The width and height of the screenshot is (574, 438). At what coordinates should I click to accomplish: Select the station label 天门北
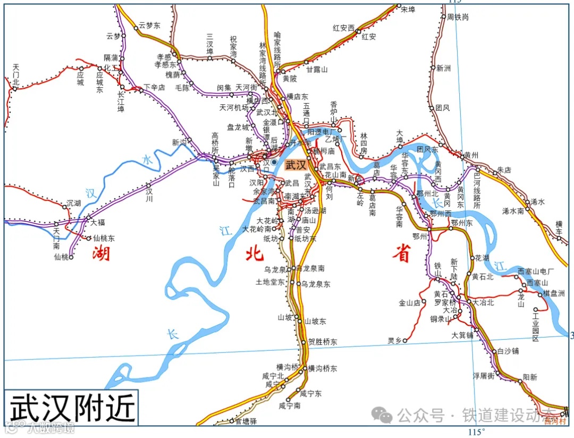point(16,74)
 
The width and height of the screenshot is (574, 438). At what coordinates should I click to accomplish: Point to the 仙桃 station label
point(62,257)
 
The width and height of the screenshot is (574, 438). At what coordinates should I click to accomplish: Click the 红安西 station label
point(343,28)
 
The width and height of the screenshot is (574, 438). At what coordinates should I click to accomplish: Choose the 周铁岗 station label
point(458,17)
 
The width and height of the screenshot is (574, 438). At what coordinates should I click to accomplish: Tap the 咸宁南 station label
point(290,406)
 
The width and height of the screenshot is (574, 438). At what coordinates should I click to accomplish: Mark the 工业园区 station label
point(532,330)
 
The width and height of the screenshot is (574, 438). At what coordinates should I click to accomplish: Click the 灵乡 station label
point(394,340)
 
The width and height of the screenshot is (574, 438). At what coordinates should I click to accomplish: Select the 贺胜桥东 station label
point(323,342)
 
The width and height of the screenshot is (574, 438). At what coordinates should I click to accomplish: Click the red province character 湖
point(101,254)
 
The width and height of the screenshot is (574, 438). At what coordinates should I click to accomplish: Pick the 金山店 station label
point(410,303)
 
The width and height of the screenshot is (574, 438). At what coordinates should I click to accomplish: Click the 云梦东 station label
point(150,24)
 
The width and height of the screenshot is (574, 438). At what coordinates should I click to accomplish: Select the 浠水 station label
point(538,202)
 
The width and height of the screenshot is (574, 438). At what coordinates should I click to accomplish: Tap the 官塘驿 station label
point(246,421)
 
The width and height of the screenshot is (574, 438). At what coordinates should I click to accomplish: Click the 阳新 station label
point(530,377)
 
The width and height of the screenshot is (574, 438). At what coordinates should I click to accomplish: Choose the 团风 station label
point(442,108)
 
